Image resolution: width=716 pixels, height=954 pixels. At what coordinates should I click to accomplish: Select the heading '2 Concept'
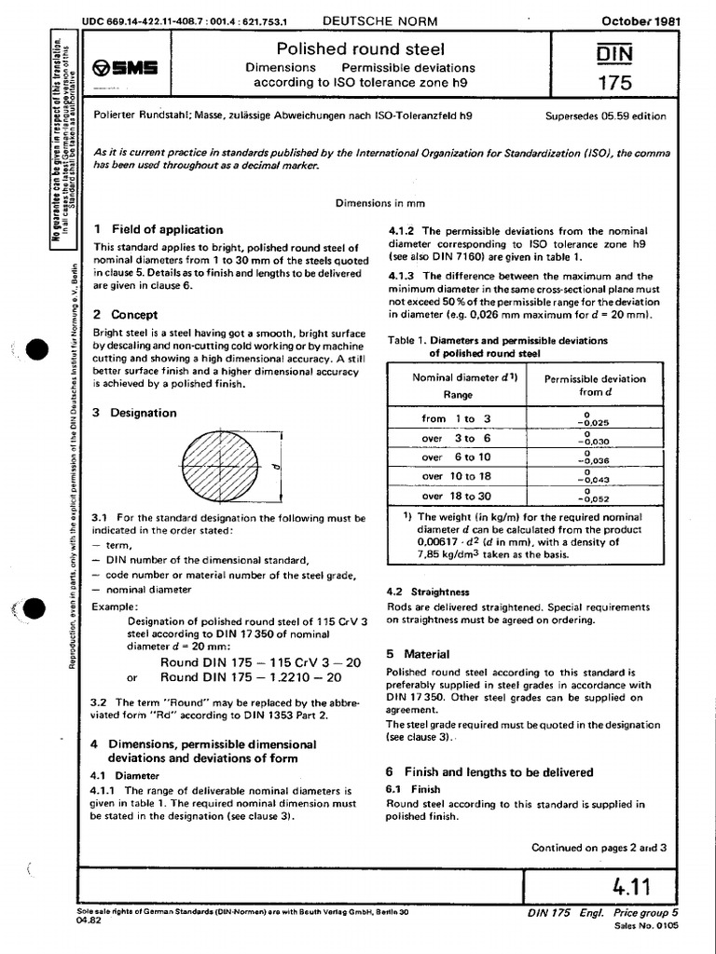coord(126,315)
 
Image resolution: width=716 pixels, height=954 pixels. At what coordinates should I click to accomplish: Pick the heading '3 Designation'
coord(135,413)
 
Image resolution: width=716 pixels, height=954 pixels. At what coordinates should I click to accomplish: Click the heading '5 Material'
coord(418,654)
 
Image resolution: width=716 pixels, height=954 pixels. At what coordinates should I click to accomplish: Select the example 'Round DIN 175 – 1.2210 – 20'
coord(250,677)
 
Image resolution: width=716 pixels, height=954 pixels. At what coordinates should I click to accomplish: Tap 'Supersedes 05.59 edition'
coord(605,116)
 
